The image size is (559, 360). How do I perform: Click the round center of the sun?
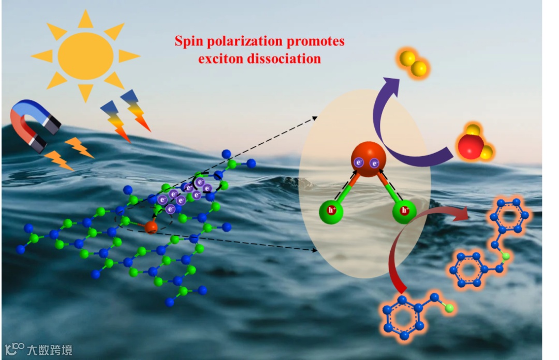(x=85, y=56)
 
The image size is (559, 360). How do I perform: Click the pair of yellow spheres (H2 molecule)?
(x=414, y=63)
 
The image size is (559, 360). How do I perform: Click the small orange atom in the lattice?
(x=151, y=227)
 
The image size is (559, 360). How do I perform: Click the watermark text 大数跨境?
(x=50, y=350)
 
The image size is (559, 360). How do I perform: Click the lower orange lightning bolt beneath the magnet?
(x=58, y=160)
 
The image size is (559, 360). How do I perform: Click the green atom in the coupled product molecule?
(x=505, y=256)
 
